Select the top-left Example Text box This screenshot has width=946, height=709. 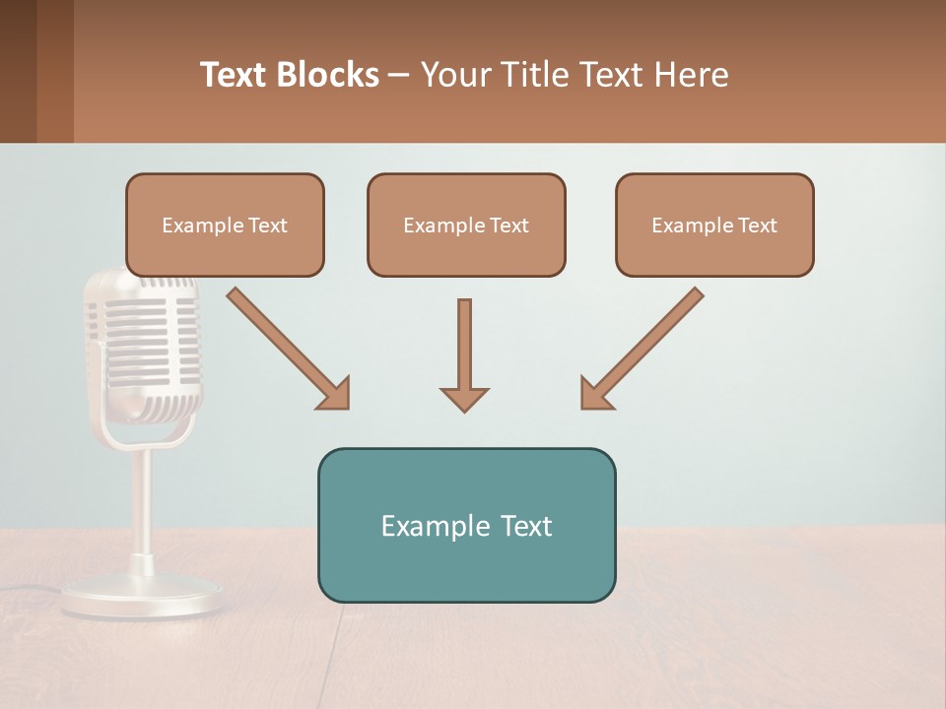click(x=225, y=225)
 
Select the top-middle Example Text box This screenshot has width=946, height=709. click(x=466, y=225)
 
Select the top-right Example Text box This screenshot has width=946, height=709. click(x=714, y=225)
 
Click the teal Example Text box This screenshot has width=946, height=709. click(x=466, y=525)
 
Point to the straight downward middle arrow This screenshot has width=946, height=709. click(x=464, y=345)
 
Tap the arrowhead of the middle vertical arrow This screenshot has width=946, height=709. click(x=464, y=399)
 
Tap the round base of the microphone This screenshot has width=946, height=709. click(x=143, y=597)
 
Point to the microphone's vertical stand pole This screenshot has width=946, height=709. click(x=143, y=502)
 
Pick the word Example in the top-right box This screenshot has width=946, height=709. click(x=688, y=226)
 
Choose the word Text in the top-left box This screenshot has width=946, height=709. click(x=268, y=226)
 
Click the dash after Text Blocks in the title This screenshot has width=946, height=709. click(x=399, y=75)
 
